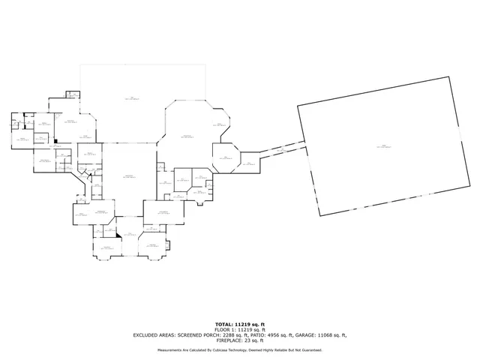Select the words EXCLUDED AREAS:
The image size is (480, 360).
(x=155, y=334)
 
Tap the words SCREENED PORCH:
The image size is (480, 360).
(x=201, y=334)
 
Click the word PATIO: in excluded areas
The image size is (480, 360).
(x=263, y=334)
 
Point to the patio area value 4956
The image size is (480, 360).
(x=282, y=334)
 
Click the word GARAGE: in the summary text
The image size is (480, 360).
(x=312, y=334)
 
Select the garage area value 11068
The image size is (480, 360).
(x=334, y=334)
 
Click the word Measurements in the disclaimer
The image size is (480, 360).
(x=169, y=350)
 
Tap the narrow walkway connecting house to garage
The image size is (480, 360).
(x=281, y=148)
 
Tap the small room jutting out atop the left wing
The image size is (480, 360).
(x=72, y=94)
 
